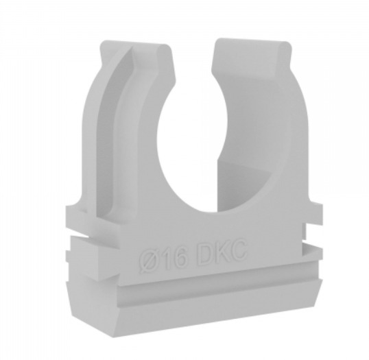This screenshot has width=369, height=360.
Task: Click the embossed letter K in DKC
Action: pyautogui.click(x=222, y=251)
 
